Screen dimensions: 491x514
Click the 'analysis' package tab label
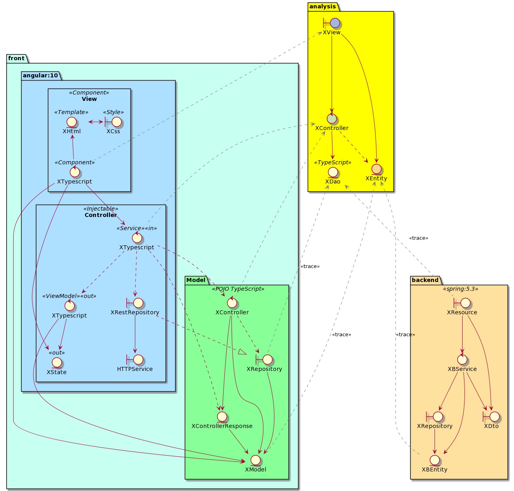pyautogui.click(x=322, y=6)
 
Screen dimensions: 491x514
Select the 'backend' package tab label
pyautogui.click(x=425, y=280)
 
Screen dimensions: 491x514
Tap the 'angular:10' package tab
pyautogui.click(x=40, y=75)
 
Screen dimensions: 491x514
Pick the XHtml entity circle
pyautogui.click(x=72, y=122)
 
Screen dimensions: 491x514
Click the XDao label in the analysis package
pyautogui.click(x=333, y=181)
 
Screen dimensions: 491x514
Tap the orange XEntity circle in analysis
pyautogui.click(x=376, y=169)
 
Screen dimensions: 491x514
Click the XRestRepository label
pyautogui.click(x=135, y=312)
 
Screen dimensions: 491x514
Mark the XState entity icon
pyautogui.click(x=57, y=363)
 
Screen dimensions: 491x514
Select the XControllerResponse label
pyautogui.click(x=222, y=426)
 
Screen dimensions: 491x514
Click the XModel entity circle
pyautogui.click(x=255, y=460)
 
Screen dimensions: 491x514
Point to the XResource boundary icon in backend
pyautogui.click(x=462, y=303)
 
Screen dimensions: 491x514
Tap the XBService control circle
pyautogui.click(x=462, y=359)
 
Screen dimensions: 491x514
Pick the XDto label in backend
pyautogui.click(x=491, y=426)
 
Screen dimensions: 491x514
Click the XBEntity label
pyautogui.click(x=435, y=469)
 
